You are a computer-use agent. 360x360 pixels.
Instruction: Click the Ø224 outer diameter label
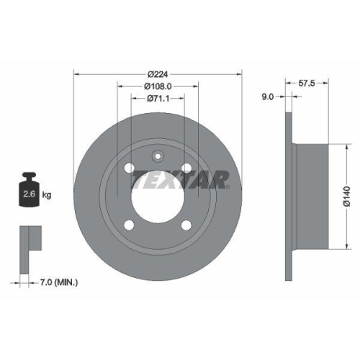click(158, 75)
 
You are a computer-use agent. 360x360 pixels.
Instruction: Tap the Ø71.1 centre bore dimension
click(158, 99)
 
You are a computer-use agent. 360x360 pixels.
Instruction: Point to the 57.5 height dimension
click(307, 83)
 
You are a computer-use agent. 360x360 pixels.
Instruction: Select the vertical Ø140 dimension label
click(346, 197)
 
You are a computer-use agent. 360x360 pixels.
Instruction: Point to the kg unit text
click(48, 194)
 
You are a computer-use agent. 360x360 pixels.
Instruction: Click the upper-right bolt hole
click(186, 168)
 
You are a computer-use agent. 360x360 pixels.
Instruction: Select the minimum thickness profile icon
click(29, 242)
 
